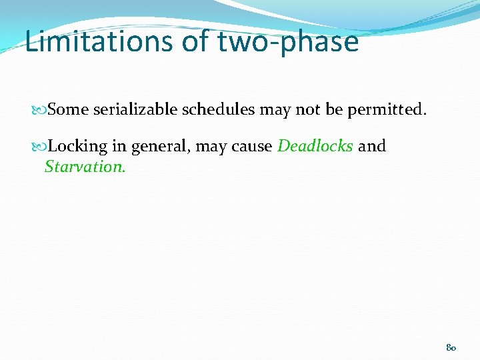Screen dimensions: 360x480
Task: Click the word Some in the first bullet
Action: pyautogui.click(x=68, y=109)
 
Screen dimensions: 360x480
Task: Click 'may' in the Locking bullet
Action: pyautogui.click(x=211, y=147)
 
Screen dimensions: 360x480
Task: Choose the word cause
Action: pyautogui.click(x=251, y=147)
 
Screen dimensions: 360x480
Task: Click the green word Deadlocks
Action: pyautogui.click(x=315, y=146)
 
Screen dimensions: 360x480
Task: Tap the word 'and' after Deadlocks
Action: pyautogui.click(x=372, y=146)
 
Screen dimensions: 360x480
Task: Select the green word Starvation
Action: pyautogui.click(x=85, y=167)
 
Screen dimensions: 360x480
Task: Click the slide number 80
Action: pyautogui.click(x=451, y=348)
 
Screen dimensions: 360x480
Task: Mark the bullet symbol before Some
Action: pyautogui.click(x=41, y=109)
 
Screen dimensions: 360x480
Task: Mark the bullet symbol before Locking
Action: pyautogui.click(x=41, y=146)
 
